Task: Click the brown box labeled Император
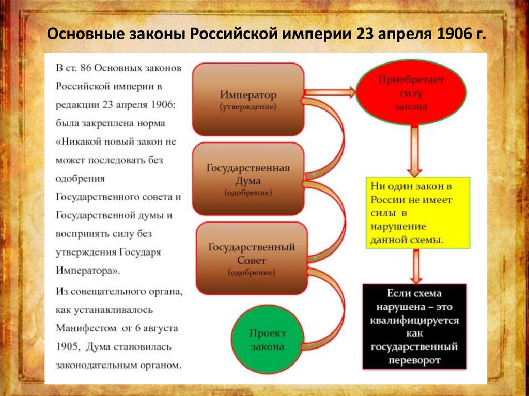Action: [x=248, y=99]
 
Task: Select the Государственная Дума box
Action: [x=248, y=179]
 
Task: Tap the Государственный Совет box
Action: [x=252, y=258]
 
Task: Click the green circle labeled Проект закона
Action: [x=268, y=339]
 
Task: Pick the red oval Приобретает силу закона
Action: [x=411, y=93]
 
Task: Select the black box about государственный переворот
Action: [x=414, y=326]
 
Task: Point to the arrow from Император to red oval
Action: [x=331, y=92]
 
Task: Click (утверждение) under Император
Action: [x=248, y=107]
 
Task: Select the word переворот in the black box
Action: [x=414, y=360]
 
